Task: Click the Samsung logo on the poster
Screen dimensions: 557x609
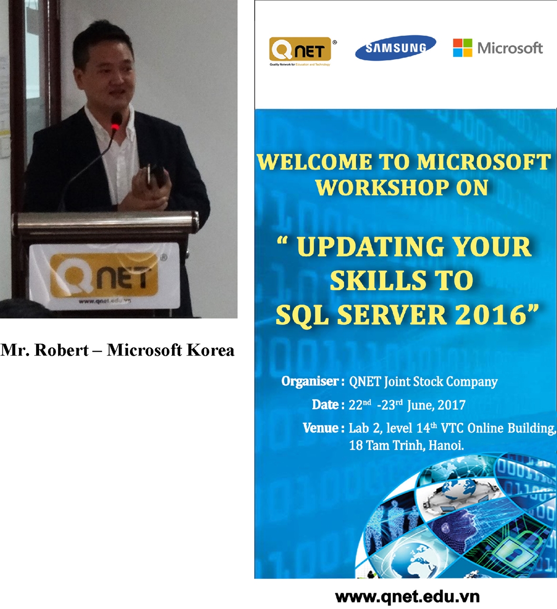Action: click(x=395, y=48)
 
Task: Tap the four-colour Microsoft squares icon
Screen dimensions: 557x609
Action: click(x=463, y=48)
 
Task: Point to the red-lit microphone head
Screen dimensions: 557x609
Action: click(x=116, y=120)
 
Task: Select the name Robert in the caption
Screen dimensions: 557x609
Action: click(x=61, y=350)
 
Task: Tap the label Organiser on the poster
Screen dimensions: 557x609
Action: click(x=310, y=381)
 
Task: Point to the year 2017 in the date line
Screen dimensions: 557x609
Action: click(x=451, y=405)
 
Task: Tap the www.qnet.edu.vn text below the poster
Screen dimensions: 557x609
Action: click(x=407, y=597)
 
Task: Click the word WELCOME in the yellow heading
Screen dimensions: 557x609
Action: click(x=314, y=162)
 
